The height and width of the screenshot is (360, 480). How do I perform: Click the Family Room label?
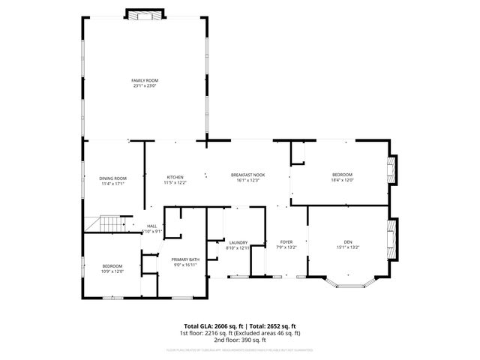click(x=145, y=80)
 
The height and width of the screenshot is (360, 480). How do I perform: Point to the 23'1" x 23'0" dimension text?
click(x=145, y=85)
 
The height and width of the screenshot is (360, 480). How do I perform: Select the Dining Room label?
click(x=112, y=178)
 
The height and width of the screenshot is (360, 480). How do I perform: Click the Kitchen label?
click(x=175, y=177)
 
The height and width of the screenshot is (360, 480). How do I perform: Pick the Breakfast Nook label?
click(x=247, y=175)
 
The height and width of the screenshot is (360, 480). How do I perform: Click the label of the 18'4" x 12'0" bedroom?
click(x=342, y=175)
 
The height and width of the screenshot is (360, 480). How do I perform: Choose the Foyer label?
click(x=286, y=242)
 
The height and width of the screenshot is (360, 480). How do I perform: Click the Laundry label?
click(x=238, y=242)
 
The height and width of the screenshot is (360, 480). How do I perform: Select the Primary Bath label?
click(x=184, y=259)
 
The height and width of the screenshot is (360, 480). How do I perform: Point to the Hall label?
click(x=151, y=226)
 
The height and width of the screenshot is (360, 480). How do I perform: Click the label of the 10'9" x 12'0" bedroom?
click(x=112, y=265)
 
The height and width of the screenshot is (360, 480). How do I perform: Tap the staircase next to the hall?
click(x=108, y=223)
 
